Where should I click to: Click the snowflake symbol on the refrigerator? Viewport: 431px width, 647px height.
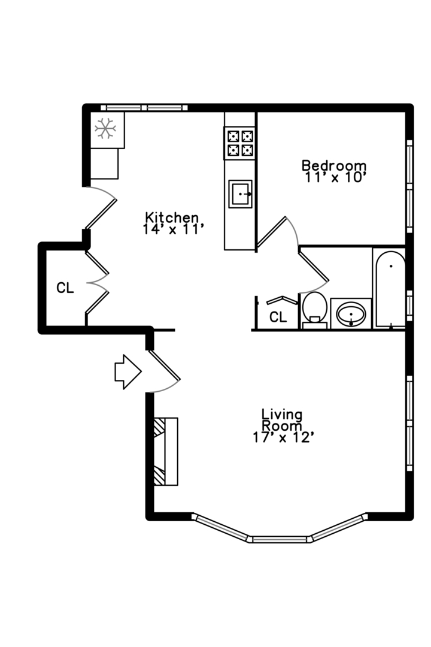105,128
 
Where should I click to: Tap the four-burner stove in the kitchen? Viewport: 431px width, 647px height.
239,143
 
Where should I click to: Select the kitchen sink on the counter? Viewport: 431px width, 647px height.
241,194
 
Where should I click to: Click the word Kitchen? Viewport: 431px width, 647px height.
172,217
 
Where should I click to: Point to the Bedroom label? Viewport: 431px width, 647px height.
334,165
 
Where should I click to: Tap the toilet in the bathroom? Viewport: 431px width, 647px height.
315,310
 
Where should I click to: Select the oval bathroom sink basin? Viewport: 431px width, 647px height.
351,314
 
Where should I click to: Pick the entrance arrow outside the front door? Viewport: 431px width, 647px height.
128,372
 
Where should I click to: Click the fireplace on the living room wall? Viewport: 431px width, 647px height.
166,452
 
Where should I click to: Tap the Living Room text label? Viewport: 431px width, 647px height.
282,419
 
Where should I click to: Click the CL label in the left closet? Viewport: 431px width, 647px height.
65,288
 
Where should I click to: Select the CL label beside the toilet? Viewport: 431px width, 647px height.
278,317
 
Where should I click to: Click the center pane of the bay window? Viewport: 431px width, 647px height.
280,539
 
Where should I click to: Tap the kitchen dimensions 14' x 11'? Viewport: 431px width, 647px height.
174,229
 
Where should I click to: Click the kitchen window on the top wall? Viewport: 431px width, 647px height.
144,108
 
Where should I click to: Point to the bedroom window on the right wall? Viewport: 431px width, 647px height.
409,187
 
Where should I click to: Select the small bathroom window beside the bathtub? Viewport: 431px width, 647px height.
409,306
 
